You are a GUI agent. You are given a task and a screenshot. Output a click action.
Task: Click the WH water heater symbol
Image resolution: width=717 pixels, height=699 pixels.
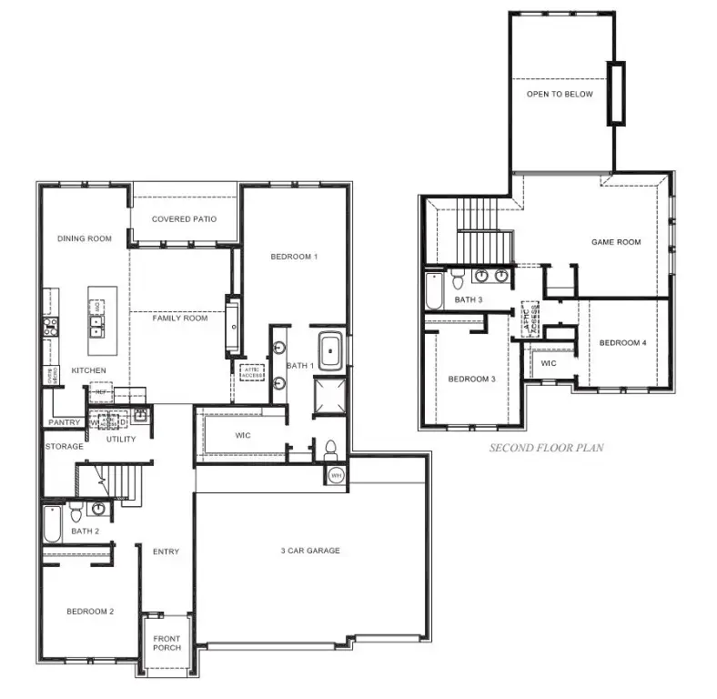tap(336, 475)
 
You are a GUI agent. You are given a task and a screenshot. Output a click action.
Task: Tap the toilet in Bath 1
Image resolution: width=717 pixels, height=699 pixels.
tap(331, 450)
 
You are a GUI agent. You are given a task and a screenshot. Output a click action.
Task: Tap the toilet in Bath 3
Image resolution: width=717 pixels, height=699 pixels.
tap(457, 279)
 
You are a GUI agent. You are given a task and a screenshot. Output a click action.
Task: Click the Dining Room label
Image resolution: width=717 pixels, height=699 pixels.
tap(84, 238)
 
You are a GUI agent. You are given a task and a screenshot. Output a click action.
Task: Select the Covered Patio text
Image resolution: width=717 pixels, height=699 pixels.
tap(184, 218)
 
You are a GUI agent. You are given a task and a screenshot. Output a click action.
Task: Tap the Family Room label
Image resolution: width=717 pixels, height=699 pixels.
tap(179, 318)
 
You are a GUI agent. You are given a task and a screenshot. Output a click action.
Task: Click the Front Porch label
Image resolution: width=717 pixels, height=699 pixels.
tap(167, 642)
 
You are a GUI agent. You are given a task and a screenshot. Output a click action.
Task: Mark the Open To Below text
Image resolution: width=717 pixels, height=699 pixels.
tap(559, 94)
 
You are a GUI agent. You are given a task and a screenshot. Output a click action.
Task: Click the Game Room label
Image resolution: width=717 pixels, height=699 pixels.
tap(616, 242)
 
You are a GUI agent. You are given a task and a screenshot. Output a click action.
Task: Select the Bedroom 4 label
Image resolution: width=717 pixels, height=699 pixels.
tap(622, 342)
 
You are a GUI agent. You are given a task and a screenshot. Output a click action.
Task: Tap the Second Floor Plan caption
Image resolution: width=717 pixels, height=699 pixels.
tap(546, 447)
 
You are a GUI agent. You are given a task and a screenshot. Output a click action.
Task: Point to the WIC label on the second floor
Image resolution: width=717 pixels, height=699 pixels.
tap(548, 362)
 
